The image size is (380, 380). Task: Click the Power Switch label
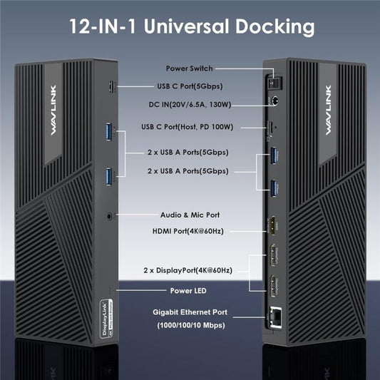[190, 68]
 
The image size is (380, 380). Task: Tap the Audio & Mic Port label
[190, 214]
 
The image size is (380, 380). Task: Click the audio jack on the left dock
[109, 212]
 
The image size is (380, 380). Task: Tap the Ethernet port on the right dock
[274, 317]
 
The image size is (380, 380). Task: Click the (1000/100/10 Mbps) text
[190, 326]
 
